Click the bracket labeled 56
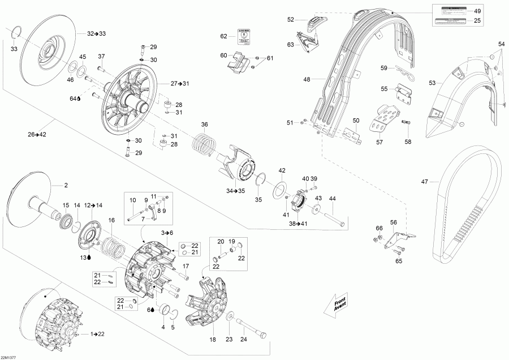pos(399,238)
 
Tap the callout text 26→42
pos(36,134)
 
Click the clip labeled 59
pos(403,71)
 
